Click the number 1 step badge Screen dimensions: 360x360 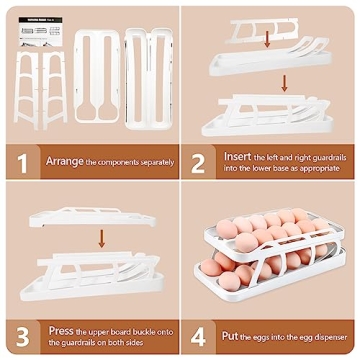click(19, 159)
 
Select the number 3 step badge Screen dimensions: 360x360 click(19, 333)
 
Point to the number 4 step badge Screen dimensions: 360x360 click(199, 333)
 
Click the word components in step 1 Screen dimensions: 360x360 click(121, 160)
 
